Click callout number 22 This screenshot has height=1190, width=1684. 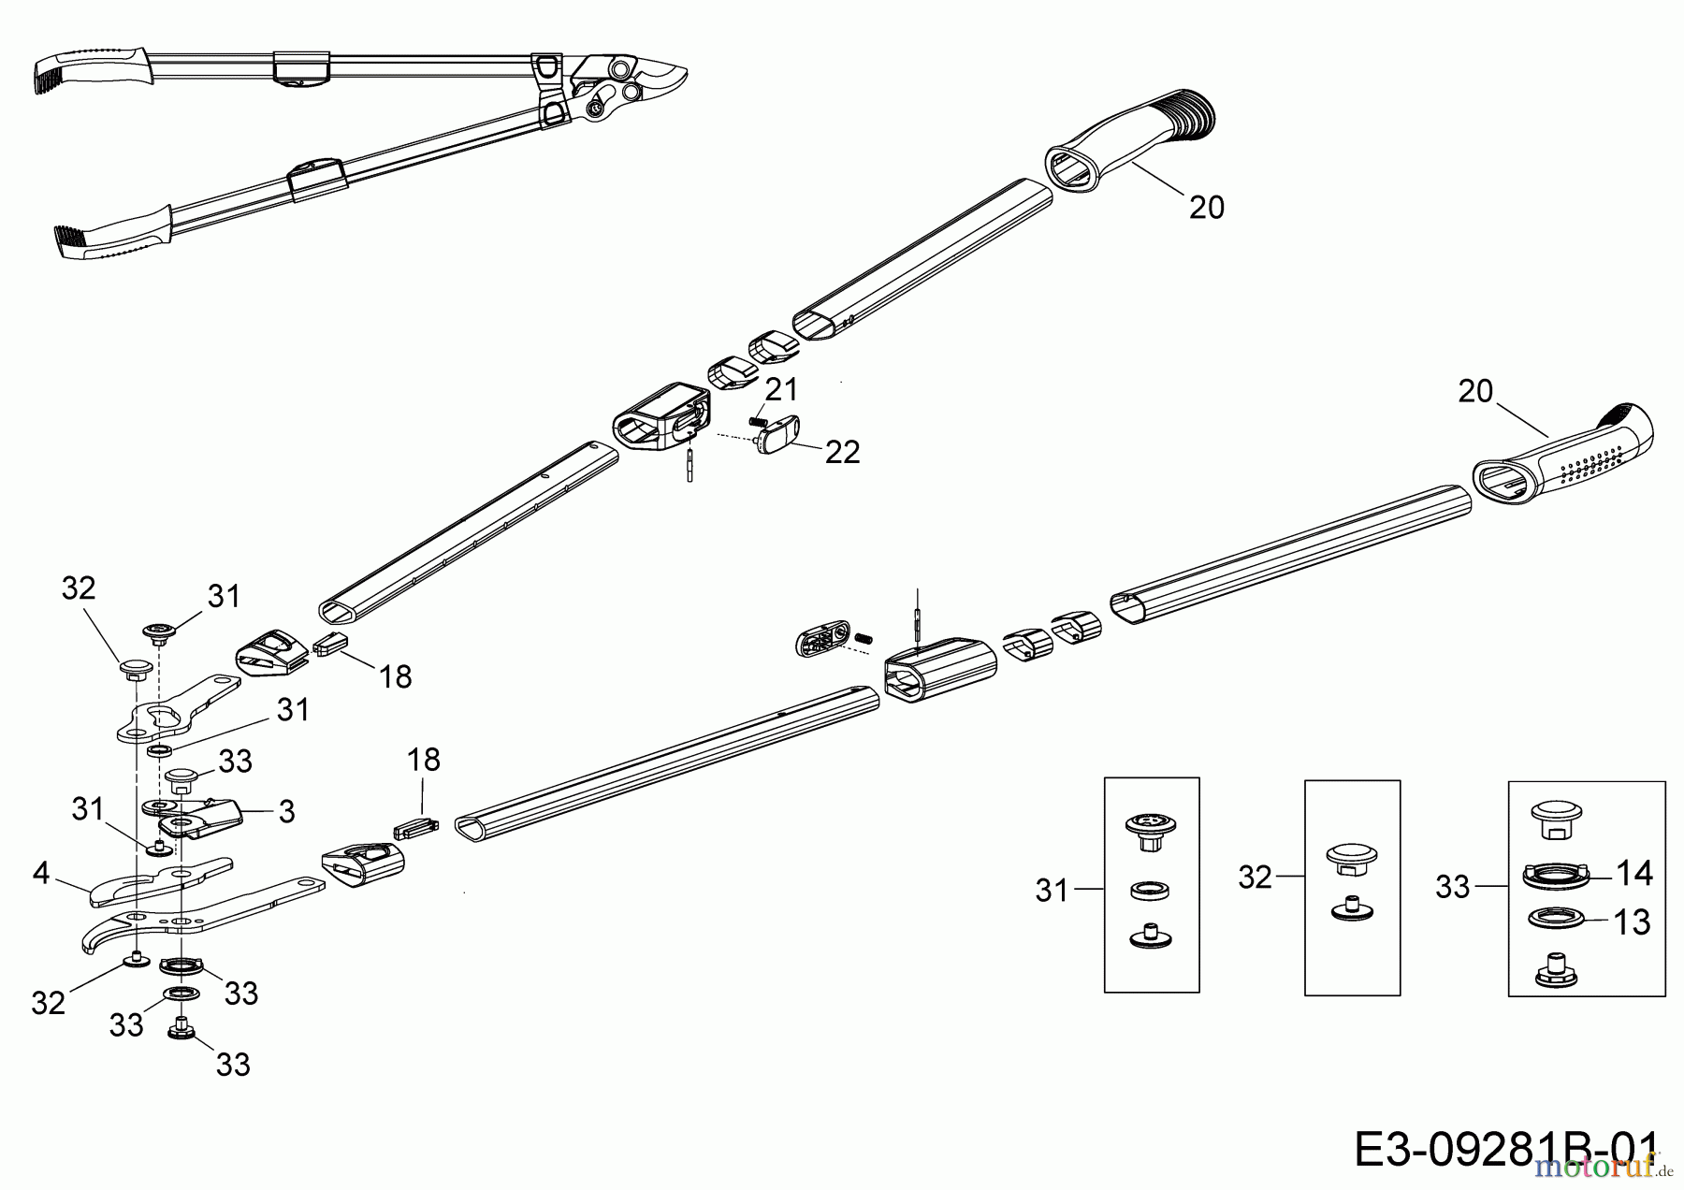click(x=842, y=452)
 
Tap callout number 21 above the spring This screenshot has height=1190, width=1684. click(x=782, y=388)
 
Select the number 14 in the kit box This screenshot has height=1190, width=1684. click(x=1634, y=873)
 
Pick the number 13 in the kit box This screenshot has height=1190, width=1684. click(x=1633, y=922)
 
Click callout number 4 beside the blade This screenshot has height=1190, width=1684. click(x=40, y=873)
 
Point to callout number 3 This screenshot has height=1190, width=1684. click(x=286, y=811)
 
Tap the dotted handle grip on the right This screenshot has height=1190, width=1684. click(x=1562, y=455)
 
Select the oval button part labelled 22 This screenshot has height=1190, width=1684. click(x=774, y=434)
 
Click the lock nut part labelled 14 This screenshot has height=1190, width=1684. click(x=1555, y=876)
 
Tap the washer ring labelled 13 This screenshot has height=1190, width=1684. click(x=1555, y=922)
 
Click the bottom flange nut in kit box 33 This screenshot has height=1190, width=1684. click(x=1555, y=969)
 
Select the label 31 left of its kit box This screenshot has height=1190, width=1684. click(x=1052, y=891)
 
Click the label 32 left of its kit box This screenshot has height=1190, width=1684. click(x=1256, y=878)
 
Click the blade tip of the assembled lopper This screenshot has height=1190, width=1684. click(x=690, y=71)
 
